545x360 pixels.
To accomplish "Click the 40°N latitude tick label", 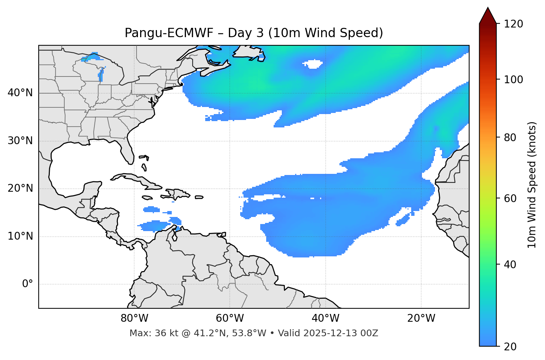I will coord(20,93).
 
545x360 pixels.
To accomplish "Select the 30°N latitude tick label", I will coord(20,141).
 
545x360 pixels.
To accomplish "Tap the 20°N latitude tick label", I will coord(20,189).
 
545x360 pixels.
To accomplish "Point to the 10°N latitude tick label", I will coord(20,236).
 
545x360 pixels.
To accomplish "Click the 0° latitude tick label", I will coord(28,284).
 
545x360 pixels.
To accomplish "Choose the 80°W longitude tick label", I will coord(134,318).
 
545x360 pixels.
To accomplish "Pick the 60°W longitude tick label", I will coord(230,318).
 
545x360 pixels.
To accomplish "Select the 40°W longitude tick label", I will coord(325,318).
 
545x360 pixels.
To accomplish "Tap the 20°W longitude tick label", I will coord(421,318).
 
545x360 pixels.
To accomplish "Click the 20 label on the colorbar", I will coord(511,347).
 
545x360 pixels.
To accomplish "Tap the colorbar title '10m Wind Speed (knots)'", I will coord(532,185).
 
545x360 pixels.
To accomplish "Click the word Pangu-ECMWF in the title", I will coord(169,33).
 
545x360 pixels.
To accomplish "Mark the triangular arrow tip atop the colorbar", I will coord(488,15).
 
